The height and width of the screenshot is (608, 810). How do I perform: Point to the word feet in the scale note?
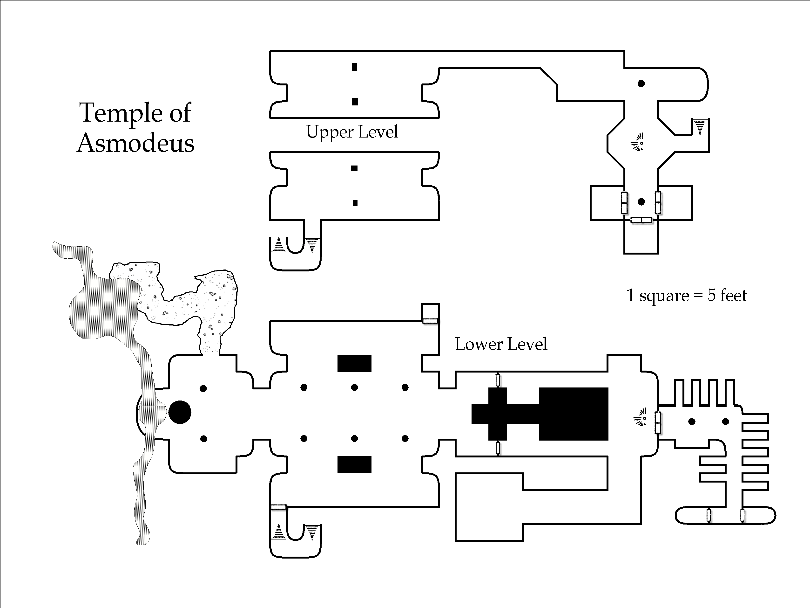[733, 295]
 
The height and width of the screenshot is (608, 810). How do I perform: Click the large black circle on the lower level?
[180, 412]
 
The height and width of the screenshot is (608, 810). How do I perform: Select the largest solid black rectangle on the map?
[574, 414]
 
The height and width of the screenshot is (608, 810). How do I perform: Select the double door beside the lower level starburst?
[658, 422]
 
